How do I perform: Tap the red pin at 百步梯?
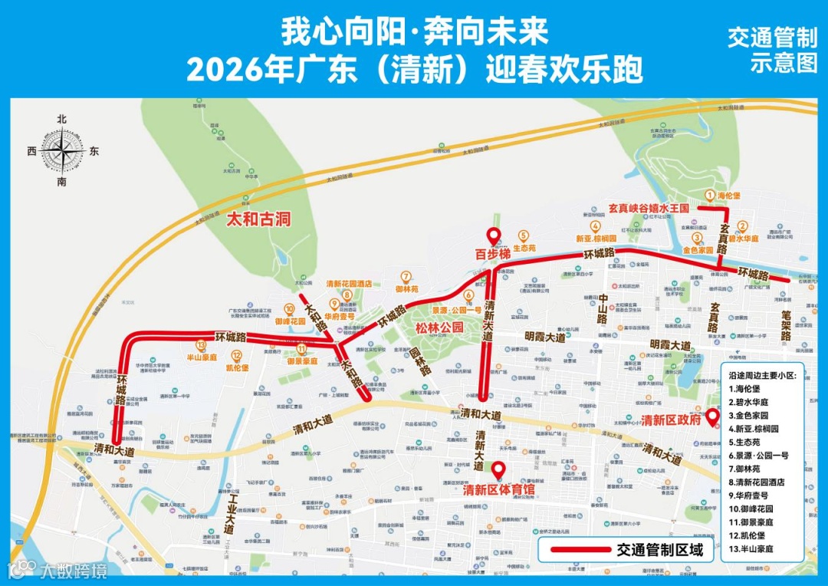tap(493, 237)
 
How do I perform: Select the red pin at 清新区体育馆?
tap(498, 469)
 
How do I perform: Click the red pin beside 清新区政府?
tap(711, 418)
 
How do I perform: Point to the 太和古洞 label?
tap(259, 219)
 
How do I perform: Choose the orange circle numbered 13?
tap(201, 344)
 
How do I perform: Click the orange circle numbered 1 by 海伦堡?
tap(710, 196)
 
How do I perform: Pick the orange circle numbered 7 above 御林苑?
tap(406, 276)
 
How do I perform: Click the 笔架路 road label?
tap(785, 326)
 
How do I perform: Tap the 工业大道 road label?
tap(229, 514)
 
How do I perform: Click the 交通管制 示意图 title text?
tap(772, 50)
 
